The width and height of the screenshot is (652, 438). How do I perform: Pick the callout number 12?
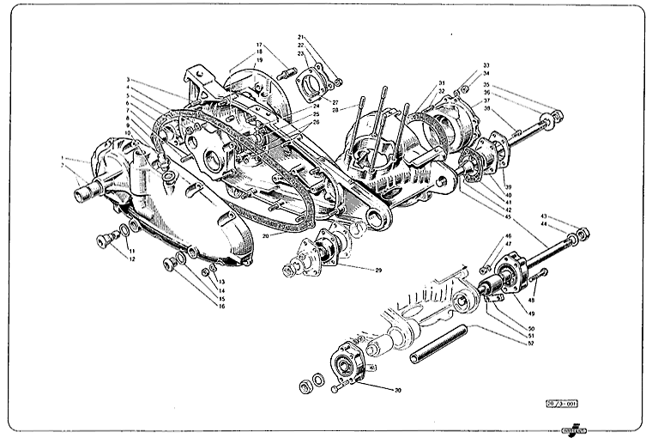tap(131, 259)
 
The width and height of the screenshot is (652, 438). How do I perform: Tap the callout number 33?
tap(486, 65)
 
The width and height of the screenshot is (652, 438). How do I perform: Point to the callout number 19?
tap(259, 60)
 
